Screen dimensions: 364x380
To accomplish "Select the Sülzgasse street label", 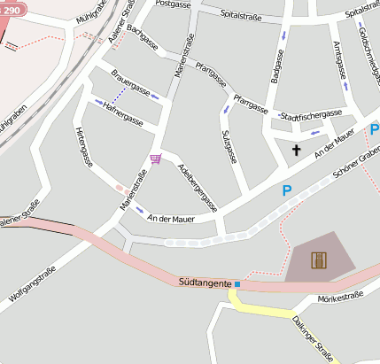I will [x=229, y=145].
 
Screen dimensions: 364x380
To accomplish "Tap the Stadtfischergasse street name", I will [x=310, y=115].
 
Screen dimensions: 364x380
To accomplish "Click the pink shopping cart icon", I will [x=156, y=159].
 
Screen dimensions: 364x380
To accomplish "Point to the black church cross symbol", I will [x=296, y=151].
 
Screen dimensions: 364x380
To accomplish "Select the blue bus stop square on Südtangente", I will [x=237, y=283].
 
